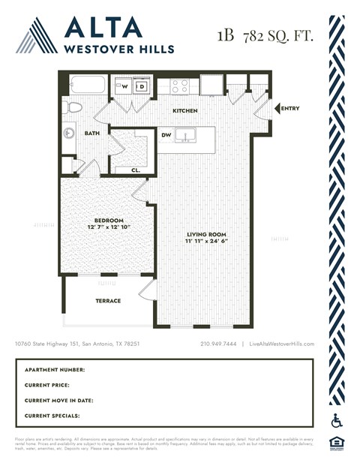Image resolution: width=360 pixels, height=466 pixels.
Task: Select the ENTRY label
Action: (x=289, y=109)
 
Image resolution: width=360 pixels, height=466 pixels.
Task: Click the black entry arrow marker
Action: (x=275, y=109)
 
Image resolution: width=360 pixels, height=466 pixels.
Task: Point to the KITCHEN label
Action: (x=184, y=111)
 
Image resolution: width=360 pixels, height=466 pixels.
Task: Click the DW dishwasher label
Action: (x=166, y=135)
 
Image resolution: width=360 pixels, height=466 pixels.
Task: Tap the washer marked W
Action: (x=125, y=86)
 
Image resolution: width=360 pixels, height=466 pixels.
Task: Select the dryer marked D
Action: (x=140, y=86)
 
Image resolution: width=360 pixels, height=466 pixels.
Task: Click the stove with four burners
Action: (x=180, y=86)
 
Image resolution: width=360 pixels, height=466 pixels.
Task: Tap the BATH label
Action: (x=91, y=134)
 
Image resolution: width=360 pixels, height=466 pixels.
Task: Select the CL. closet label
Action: (x=135, y=170)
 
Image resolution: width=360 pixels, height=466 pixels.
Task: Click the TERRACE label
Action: (x=108, y=301)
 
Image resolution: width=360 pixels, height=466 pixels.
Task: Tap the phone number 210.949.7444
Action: (x=218, y=344)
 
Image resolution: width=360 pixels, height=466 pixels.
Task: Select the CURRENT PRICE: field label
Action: (x=53, y=385)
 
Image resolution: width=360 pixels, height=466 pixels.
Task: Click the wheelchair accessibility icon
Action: (x=337, y=421)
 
